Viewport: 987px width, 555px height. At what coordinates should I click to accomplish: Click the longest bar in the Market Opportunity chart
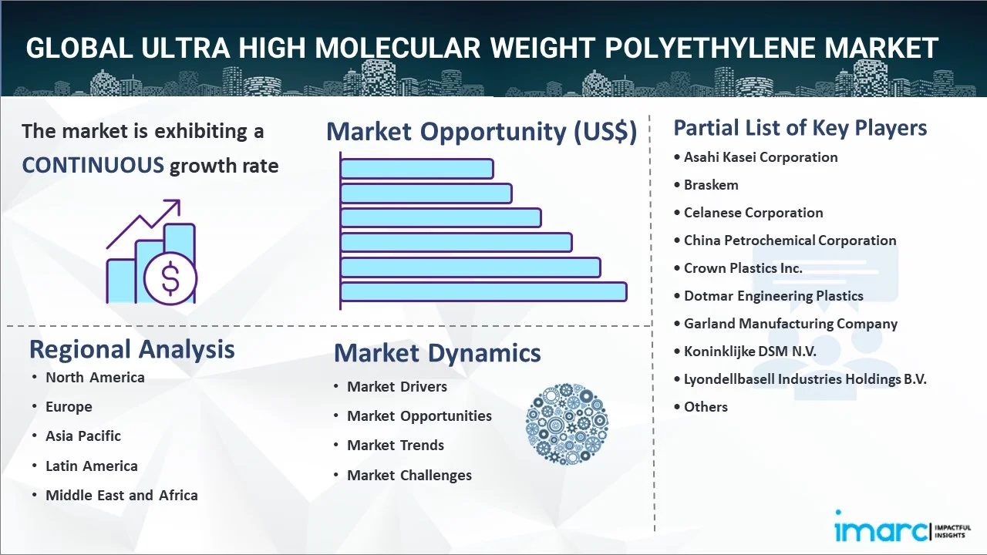(x=483, y=292)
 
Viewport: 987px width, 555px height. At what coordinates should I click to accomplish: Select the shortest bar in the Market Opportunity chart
(x=417, y=169)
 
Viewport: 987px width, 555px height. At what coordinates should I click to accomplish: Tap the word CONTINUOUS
(x=93, y=166)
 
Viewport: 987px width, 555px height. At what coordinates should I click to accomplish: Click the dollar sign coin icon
(x=170, y=278)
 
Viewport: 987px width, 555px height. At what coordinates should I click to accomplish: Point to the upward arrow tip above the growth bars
(x=179, y=201)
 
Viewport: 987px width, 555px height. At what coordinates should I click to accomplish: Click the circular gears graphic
(x=567, y=424)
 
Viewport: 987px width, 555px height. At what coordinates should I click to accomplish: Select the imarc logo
(x=902, y=526)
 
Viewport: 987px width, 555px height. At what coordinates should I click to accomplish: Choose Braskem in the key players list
(x=711, y=185)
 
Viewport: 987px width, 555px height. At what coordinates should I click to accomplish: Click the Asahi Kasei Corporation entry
(x=760, y=157)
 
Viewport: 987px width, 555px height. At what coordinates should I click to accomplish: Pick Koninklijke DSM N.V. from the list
(x=750, y=351)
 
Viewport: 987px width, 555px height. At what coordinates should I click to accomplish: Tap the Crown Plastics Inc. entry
(x=743, y=268)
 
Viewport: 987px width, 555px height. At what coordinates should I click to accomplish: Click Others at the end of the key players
(x=706, y=407)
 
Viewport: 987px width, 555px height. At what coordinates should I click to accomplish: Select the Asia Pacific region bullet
(x=83, y=436)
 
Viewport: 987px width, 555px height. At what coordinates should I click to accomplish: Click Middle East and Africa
(x=122, y=496)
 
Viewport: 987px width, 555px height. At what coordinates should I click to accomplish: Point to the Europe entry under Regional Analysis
(x=69, y=407)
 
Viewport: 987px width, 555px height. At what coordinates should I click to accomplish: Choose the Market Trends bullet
(x=396, y=446)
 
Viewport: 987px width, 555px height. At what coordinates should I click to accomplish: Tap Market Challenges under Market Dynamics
(x=409, y=476)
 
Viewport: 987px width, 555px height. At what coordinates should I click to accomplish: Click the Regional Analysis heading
(x=132, y=350)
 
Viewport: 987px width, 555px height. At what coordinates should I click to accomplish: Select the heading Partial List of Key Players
(x=800, y=128)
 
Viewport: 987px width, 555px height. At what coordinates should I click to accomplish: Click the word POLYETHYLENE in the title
(x=710, y=48)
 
